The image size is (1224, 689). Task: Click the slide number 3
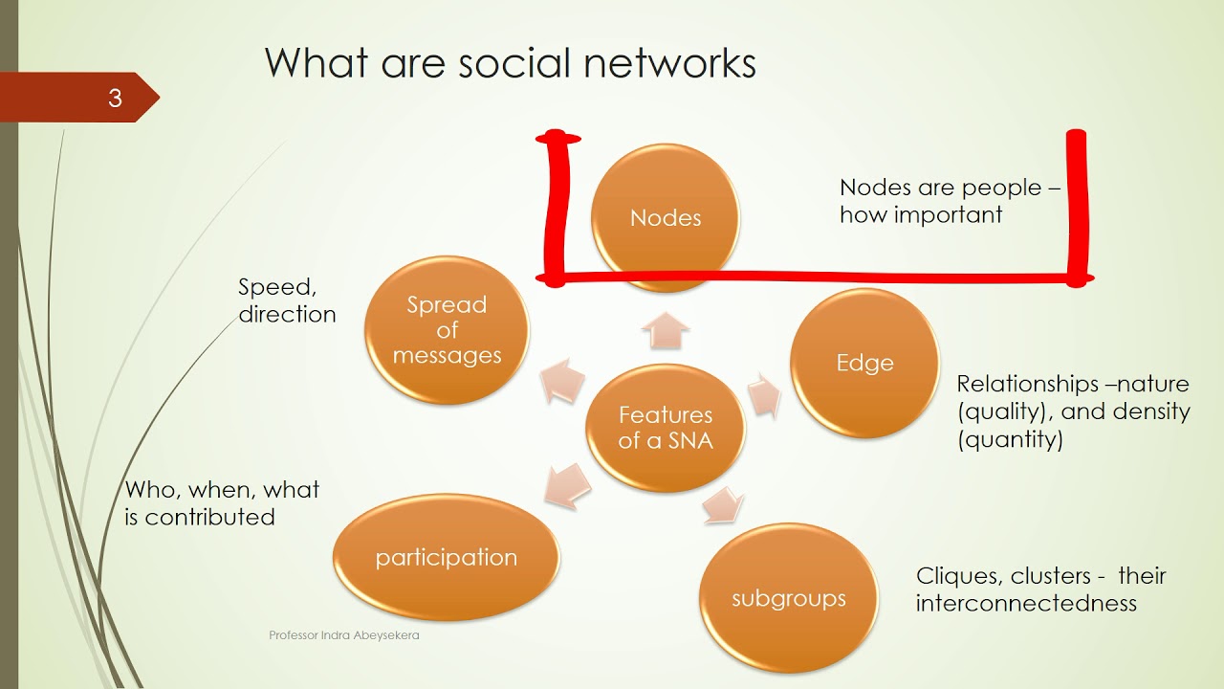[115, 99]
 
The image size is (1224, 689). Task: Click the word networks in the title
[670, 63]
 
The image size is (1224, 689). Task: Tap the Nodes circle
[666, 217]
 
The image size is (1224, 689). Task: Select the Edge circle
[865, 363]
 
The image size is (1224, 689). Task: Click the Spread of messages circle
[447, 330]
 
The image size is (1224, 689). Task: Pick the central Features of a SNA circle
[666, 428]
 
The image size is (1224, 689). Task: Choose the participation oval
[447, 557]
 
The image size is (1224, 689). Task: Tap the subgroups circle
[789, 598]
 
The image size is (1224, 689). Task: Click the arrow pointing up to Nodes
[666, 330]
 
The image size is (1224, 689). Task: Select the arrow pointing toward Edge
[764, 395]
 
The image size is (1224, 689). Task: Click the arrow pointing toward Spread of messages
[561, 380]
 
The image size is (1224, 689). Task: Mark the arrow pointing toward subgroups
[723, 504]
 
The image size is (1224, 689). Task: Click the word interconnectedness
[1026, 604]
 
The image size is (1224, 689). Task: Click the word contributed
[209, 517]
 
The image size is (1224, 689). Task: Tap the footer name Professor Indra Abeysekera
[344, 635]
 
